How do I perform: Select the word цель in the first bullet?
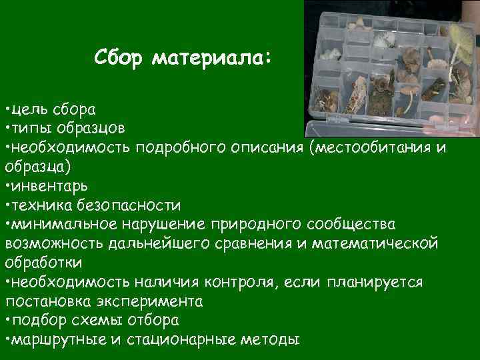click(x=27, y=108)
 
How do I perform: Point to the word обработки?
click(x=43, y=262)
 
